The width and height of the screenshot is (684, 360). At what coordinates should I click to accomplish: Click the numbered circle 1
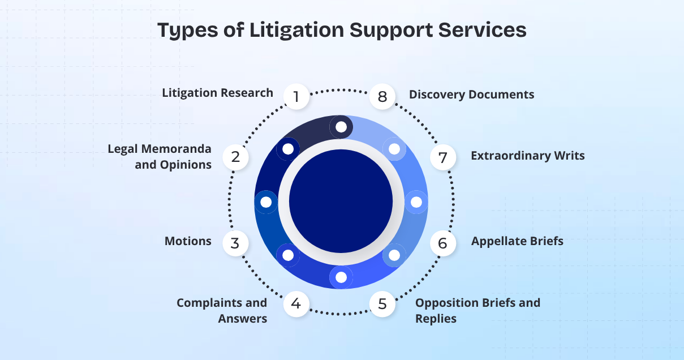point(296,97)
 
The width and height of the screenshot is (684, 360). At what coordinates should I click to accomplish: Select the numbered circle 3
point(235,243)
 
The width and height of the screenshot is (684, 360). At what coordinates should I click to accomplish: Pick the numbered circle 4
point(296,303)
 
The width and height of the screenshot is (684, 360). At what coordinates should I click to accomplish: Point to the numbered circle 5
point(382,303)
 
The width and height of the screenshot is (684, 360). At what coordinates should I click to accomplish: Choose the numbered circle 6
point(442,243)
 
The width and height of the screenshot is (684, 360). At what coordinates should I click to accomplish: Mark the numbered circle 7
point(443,157)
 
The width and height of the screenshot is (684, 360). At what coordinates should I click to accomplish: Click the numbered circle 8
point(382,97)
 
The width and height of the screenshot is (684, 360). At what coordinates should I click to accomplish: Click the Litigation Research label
point(217,93)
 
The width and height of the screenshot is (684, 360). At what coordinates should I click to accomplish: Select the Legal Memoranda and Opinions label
point(160,157)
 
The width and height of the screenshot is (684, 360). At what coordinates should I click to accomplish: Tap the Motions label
point(188,242)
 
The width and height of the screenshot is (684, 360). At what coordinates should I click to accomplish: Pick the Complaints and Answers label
point(222,310)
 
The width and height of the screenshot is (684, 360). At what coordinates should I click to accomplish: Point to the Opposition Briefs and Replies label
point(477,310)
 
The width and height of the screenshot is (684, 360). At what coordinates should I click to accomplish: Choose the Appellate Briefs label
point(517,242)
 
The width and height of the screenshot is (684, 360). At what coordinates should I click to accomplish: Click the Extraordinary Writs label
point(527,156)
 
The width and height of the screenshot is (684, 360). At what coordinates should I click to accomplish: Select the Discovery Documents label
point(471,95)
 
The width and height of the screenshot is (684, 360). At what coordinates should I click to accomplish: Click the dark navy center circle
point(341,202)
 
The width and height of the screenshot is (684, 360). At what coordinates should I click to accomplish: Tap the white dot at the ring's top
point(341,127)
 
